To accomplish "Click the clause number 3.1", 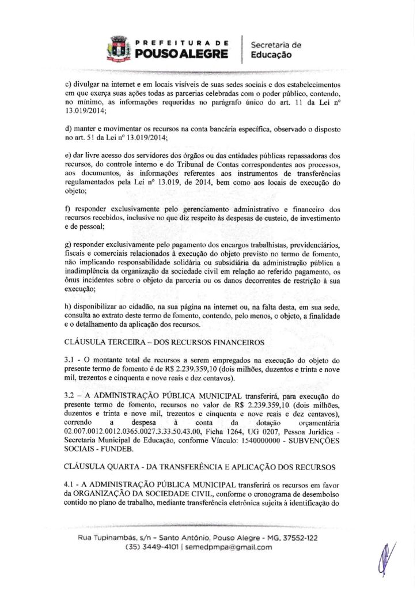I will pyautogui.click(x=71, y=360).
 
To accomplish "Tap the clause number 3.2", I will pyautogui.click(x=71, y=396).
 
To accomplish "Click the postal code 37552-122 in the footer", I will pyautogui.click(x=300, y=538).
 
